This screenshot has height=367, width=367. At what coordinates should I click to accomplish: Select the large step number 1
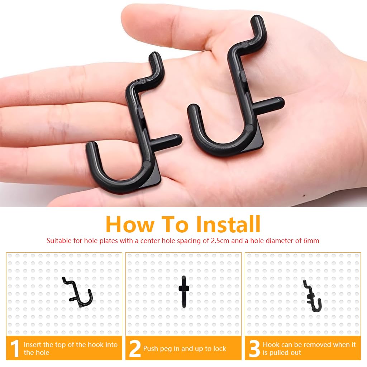click(14, 349)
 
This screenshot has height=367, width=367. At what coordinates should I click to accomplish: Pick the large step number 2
click(135, 349)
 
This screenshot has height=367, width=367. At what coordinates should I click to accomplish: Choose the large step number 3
click(254, 349)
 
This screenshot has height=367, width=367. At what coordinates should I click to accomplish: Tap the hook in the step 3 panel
click(312, 296)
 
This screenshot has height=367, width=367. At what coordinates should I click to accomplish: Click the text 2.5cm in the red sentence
click(218, 241)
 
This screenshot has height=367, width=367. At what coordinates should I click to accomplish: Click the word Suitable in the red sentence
click(59, 241)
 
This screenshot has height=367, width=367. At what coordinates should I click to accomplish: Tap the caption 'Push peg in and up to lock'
click(185, 348)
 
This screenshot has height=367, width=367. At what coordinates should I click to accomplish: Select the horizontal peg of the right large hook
click(271, 104)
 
